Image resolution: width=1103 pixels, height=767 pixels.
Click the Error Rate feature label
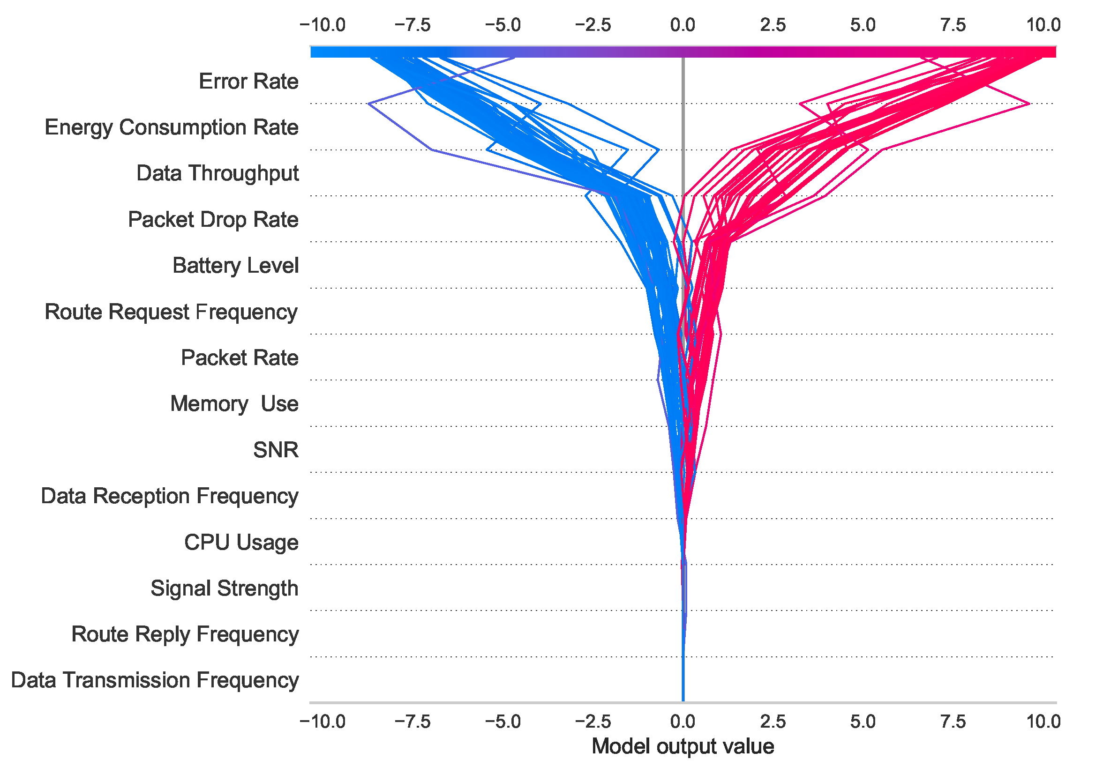(x=248, y=82)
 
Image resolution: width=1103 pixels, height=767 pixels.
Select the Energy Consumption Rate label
(x=172, y=128)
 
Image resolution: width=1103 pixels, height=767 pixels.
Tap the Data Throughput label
(x=217, y=173)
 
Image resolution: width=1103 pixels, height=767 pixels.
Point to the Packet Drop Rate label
(x=213, y=219)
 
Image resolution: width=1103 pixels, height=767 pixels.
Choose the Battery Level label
(x=235, y=266)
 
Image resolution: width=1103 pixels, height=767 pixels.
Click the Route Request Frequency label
(x=171, y=312)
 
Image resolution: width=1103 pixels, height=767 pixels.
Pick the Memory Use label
(x=234, y=404)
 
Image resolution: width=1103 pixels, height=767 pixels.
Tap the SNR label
(x=276, y=450)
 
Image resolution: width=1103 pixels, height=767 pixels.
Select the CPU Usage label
(x=241, y=542)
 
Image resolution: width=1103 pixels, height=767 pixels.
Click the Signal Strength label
(x=225, y=588)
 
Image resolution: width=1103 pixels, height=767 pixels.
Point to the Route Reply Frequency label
(x=185, y=634)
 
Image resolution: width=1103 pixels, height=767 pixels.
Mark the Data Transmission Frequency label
(x=155, y=680)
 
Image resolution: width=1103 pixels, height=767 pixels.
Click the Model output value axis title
(x=683, y=747)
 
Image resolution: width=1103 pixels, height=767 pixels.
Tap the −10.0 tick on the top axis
(x=323, y=25)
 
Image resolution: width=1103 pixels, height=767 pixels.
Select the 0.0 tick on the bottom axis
(x=683, y=722)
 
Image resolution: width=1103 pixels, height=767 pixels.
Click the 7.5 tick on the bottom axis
(x=953, y=722)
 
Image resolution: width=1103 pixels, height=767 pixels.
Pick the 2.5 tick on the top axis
(x=773, y=25)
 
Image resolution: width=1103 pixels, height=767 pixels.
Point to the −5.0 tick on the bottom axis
(x=503, y=722)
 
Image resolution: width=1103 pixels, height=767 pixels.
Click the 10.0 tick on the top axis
(x=1043, y=25)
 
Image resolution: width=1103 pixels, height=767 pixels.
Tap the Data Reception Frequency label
(x=170, y=496)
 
